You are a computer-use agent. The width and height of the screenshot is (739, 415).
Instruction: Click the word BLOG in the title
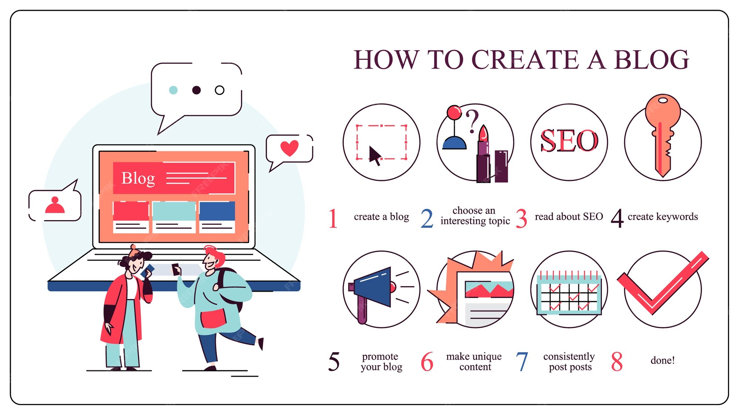pyautogui.click(x=651, y=60)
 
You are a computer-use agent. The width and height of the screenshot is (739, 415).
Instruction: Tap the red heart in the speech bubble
pyautogui.click(x=289, y=148)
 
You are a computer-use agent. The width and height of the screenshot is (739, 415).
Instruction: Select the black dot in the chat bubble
pyautogui.click(x=196, y=90)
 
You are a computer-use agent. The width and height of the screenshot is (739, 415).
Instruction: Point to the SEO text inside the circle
pyautogui.click(x=569, y=141)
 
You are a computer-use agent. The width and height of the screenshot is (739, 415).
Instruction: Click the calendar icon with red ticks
pyautogui.click(x=569, y=292)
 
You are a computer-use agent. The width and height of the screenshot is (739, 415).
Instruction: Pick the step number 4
pyautogui.click(x=617, y=218)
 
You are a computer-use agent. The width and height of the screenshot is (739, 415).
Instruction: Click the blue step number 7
pyautogui.click(x=522, y=361)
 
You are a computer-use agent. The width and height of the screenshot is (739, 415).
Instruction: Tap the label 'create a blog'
pyautogui.click(x=381, y=217)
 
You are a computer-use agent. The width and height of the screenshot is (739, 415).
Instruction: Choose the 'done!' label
pyautogui.click(x=663, y=360)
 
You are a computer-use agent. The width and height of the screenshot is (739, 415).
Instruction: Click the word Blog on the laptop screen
pyautogui.click(x=138, y=178)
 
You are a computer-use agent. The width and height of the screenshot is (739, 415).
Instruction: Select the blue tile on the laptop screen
pyautogui.click(x=217, y=211)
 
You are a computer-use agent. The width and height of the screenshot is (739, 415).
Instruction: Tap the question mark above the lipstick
pyautogui.click(x=472, y=121)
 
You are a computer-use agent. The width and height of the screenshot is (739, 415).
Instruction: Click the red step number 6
pyautogui.click(x=427, y=361)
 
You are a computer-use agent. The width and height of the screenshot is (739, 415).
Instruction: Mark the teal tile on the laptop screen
pyautogui.click(x=174, y=211)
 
